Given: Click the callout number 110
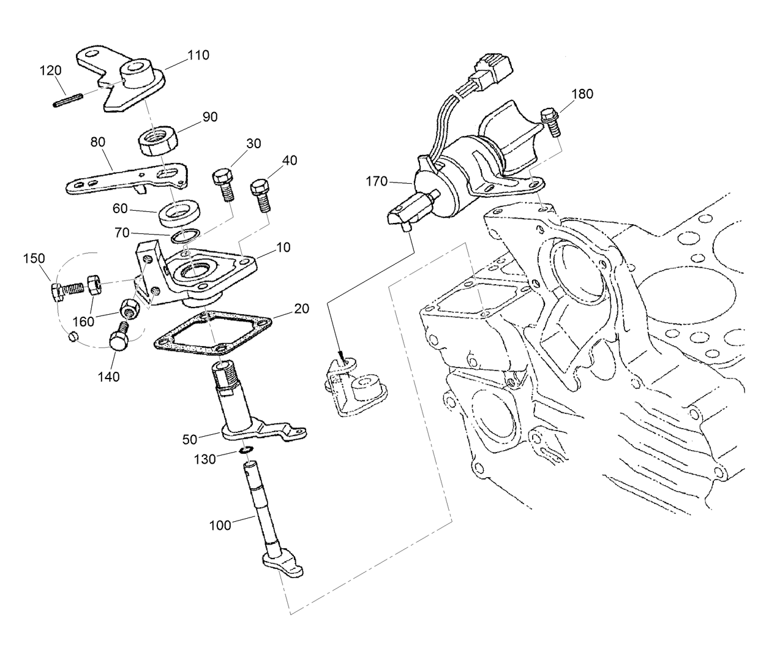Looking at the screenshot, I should point(198,55).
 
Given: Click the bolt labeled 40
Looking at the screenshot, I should point(261,195).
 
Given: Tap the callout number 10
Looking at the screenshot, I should point(283,247).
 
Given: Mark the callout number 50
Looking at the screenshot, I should point(190,439).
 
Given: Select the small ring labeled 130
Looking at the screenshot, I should point(246,451).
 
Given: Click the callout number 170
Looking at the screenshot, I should point(377,181).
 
